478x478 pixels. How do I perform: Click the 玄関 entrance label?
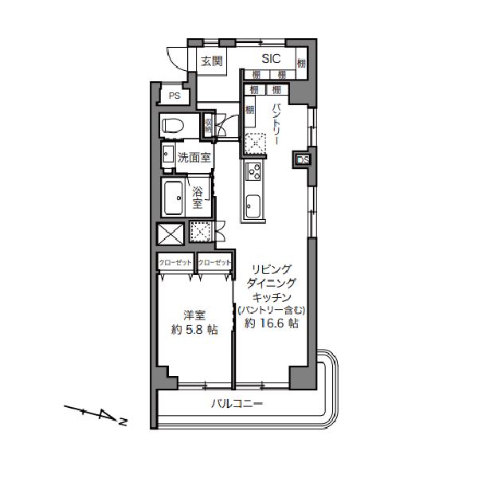pyautogui.click(x=211, y=61)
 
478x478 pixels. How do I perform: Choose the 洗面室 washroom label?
pyautogui.click(x=194, y=157)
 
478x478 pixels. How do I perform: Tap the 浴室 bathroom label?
pyautogui.click(x=198, y=197)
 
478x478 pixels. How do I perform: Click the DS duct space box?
pyautogui.click(x=303, y=160)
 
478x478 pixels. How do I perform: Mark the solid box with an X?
pyautogui.click(x=171, y=233)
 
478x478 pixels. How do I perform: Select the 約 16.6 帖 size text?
pyautogui.click(x=272, y=323)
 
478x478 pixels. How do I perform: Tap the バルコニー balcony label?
pyautogui.click(x=237, y=405)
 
